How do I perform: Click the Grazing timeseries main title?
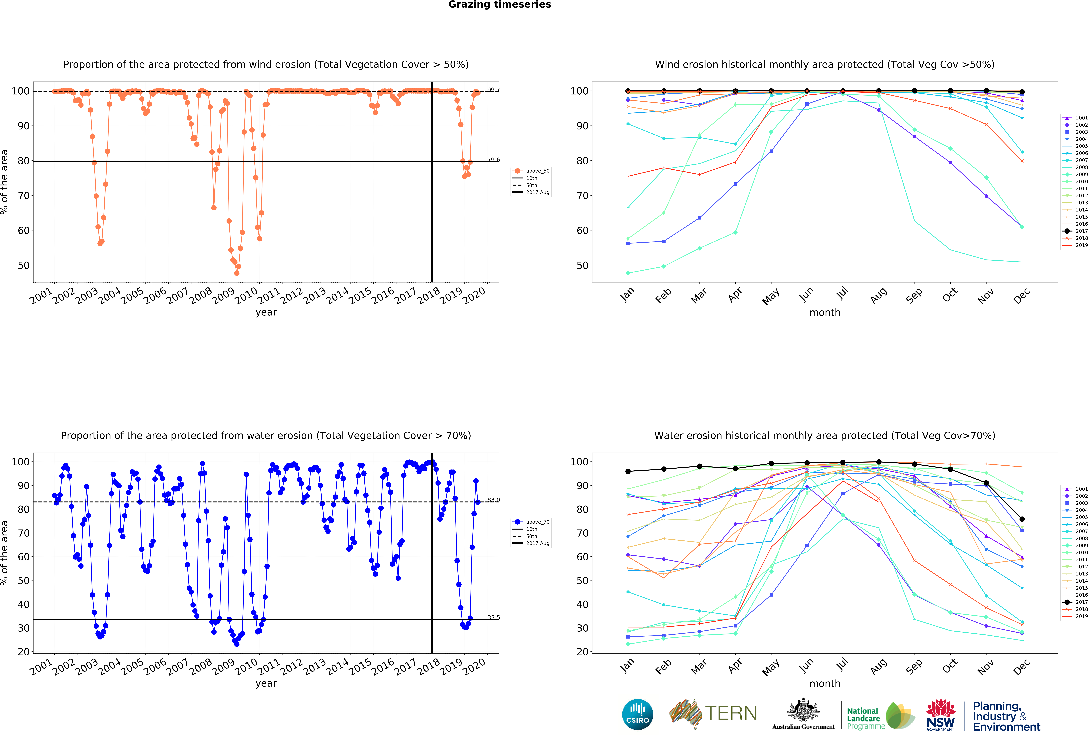click(499, 5)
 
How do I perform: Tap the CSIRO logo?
click(637, 714)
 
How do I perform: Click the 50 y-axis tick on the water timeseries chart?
click(23, 580)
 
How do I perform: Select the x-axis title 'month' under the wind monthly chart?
click(825, 312)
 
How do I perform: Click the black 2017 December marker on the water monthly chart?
click(1022, 519)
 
